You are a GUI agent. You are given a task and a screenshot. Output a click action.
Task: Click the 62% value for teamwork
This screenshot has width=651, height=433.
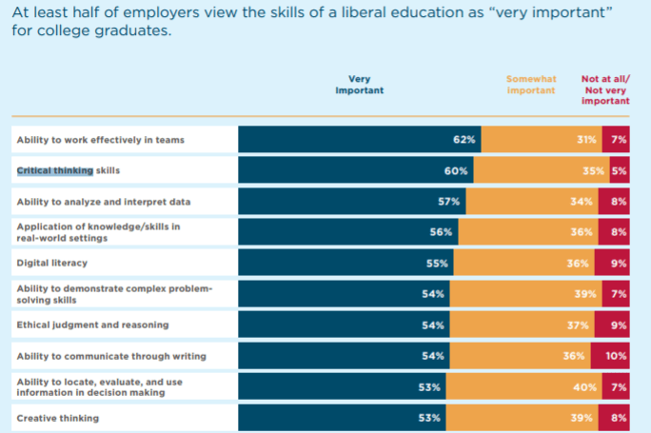[x=464, y=140]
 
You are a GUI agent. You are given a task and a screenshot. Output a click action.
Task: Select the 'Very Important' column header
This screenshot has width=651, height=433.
[x=359, y=85]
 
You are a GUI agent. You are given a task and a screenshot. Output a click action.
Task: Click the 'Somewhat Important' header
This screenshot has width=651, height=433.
[x=531, y=85]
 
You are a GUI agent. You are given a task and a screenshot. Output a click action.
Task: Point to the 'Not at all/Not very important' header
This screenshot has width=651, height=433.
[x=605, y=89]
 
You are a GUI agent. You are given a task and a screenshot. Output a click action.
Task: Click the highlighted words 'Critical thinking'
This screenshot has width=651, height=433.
[x=55, y=171]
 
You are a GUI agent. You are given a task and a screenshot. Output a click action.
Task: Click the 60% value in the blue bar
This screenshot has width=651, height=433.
[x=457, y=171]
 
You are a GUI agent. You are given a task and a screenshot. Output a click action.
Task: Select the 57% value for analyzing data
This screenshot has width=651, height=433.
[x=450, y=202]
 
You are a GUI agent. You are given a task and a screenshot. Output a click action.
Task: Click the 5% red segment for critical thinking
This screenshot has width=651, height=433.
[x=619, y=171]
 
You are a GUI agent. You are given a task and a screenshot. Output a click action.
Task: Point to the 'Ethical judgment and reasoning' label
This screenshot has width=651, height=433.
[x=92, y=325]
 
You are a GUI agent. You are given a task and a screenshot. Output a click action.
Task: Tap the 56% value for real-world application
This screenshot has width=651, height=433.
[x=442, y=232]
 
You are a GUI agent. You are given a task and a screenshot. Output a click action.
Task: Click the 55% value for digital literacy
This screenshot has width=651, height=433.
[x=439, y=264]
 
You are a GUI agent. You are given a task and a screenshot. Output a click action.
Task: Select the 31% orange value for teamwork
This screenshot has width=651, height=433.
[x=587, y=140]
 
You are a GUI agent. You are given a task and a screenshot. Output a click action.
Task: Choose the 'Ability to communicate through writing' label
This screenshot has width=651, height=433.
[x=109, y=356]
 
